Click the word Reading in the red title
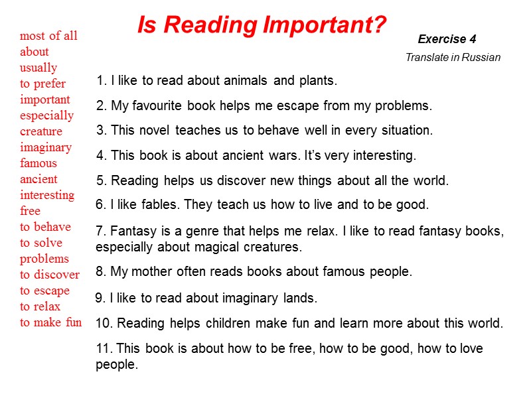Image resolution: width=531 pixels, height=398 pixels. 210,25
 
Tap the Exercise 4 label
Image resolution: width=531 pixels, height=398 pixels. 447,39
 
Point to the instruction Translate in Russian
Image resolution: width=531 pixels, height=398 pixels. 453,58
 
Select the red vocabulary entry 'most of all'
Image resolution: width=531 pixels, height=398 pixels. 48,36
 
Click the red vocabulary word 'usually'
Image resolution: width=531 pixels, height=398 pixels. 38,68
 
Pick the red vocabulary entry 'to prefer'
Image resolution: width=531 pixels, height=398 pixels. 42,84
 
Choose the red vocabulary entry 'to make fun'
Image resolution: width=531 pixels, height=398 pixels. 50,322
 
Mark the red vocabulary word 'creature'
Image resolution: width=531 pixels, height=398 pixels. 41,131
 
